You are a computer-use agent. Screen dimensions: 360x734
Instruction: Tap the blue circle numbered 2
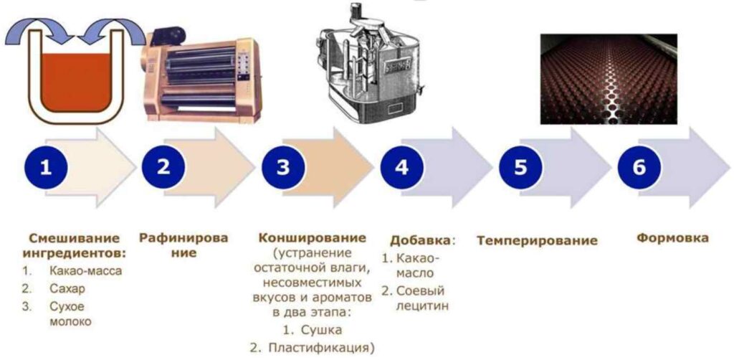point(164,167)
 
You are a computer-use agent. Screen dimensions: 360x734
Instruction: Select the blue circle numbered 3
point(283,167)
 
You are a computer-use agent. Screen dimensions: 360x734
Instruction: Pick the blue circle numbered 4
point(401,167)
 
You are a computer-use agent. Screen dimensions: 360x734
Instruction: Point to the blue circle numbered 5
point(520,167)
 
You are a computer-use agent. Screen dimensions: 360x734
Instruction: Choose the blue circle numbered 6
point(639,167)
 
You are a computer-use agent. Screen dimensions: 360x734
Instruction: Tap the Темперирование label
point(537,240)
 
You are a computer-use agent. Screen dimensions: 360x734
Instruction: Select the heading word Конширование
point(312,238)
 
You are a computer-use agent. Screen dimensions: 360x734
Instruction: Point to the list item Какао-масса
point(86,271)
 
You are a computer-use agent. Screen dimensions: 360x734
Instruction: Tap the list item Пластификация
point(321,348)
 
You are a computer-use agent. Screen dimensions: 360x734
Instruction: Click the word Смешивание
point(75,238)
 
